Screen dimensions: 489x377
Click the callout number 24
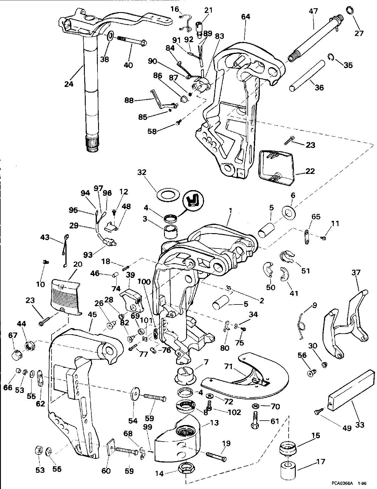pos(69,84)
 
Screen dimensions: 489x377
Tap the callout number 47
pos(313,11)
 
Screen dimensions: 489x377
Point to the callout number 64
pos(245,17)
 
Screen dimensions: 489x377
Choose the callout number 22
pos(310,171)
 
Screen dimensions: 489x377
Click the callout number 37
pos(356,272)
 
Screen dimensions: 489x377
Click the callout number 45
pos(92,315)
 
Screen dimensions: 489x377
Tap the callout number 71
pos(228,367)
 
